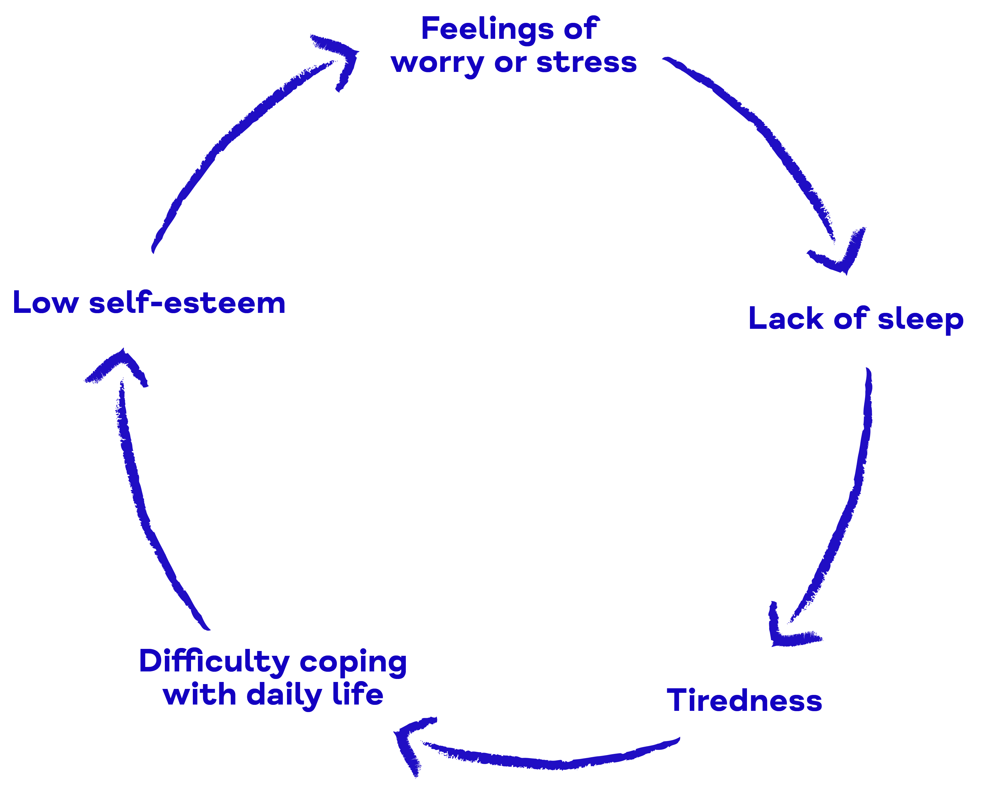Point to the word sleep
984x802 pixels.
920,320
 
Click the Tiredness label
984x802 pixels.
744,700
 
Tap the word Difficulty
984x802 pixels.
214,661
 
